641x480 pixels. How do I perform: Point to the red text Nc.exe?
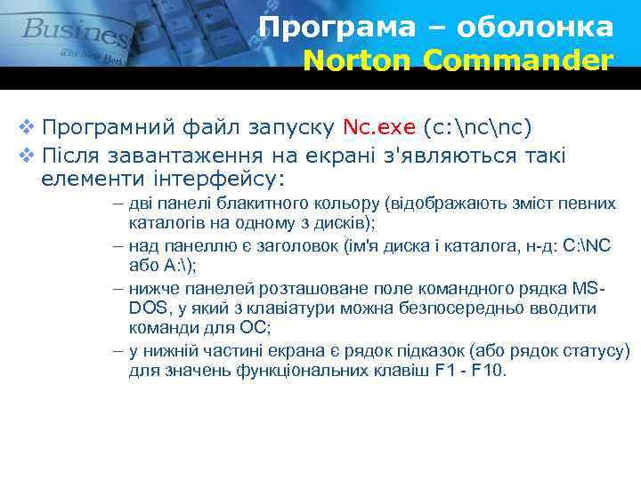pyautogui.click(x=379, y=127)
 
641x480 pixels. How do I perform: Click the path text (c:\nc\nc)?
pyautogui.click(x=478, y=127)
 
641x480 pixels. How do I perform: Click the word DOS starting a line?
pyautogui.click(x=148, y=308)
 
